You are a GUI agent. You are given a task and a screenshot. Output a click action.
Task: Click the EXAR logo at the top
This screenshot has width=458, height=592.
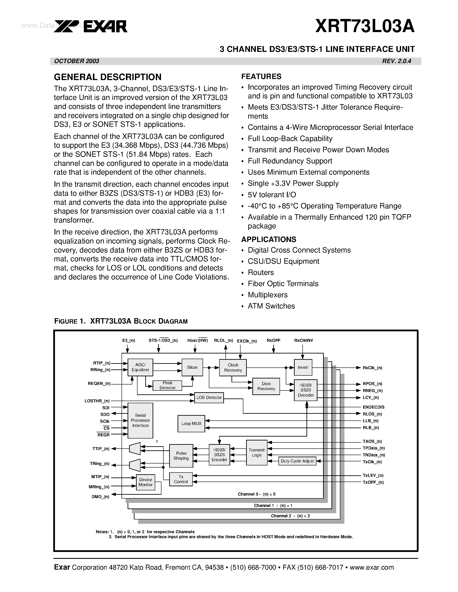coord(91,26)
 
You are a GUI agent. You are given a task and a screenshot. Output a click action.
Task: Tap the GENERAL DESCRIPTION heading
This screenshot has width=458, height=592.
coord(108,77)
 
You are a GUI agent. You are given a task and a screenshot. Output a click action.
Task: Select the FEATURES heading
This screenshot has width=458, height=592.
coord(261,76)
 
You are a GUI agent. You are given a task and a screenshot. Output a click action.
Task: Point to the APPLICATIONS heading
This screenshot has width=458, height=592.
coord(269,239)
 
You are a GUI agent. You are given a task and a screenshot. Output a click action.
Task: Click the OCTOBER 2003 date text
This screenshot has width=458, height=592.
coord(77,61)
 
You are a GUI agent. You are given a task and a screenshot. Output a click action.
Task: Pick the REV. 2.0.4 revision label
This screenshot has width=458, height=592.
coord(396,61)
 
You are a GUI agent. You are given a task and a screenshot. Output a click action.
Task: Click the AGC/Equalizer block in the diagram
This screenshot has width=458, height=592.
coord(140,367)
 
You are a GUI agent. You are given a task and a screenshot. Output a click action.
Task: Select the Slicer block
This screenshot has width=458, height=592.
coord(192,367)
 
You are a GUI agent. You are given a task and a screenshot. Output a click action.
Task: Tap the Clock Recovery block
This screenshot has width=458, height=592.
coord(233,367)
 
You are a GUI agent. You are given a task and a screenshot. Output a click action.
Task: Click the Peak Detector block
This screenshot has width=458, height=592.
coord(167,385)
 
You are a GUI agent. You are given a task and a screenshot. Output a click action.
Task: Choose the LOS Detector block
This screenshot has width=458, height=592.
coord(209,397)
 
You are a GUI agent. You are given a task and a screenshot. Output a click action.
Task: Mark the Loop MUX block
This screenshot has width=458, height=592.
coord(191,423)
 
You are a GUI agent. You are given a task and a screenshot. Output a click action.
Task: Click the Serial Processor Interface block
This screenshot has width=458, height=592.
coord(140,420)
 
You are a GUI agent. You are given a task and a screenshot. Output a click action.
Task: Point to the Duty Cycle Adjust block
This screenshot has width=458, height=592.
coord(297,461)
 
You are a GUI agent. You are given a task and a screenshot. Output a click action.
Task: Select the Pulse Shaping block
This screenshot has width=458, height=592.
coord(181,456)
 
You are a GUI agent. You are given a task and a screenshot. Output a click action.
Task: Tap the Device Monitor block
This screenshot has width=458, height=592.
coord(145,482)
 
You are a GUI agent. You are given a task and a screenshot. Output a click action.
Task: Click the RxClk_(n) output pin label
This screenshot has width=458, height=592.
coord(372,368)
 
